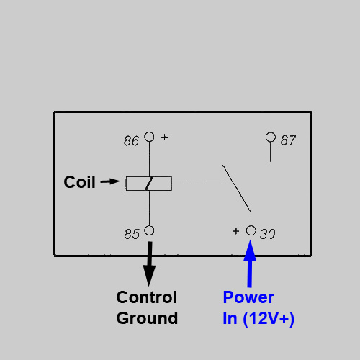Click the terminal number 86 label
[x=131, y=141]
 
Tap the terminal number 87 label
[x=288, y=140]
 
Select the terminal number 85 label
[x=132, y=234]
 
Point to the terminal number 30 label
[x=268, y=234]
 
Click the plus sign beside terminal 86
[x=165, y=138]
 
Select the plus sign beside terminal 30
[x=236, y=231]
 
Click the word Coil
[x=79, y=182]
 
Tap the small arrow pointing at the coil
[x=110, y=181]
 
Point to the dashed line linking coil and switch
[x=203, y=184]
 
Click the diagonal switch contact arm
[x=237, y=189]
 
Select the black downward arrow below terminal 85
[x=149, y=264]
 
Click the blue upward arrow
[x=250, y=264]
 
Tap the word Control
[x=147, y=297]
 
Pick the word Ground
[x=147, y=318]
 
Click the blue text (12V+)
[x=269, y=319]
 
